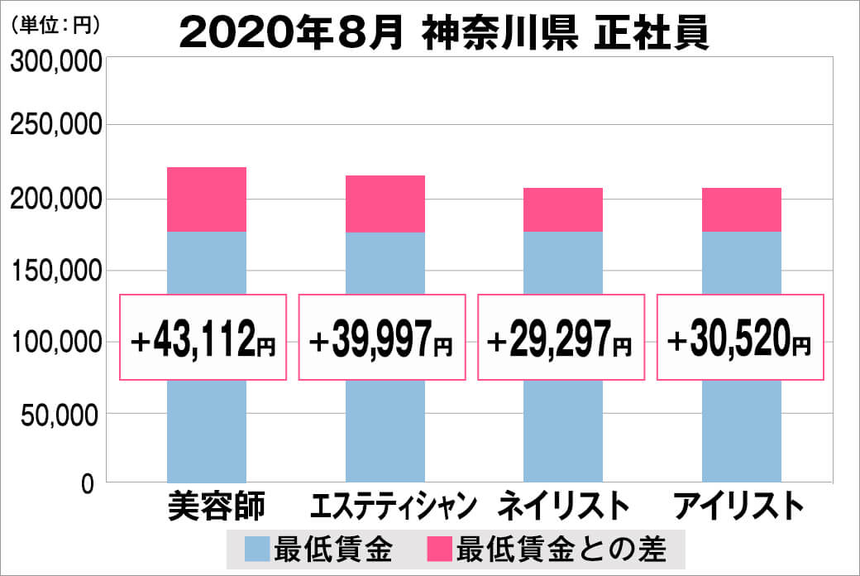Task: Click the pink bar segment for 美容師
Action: click(207, 199)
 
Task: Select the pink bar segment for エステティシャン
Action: click(385, 204)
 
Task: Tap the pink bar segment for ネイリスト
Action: click(563, 209)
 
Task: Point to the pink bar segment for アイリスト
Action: click(742, 209)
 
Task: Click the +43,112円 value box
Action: click(203, 338)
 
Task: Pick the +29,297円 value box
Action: click(561, 338)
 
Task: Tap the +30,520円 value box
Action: click(740, 338)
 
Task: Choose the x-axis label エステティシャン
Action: click(385, 506)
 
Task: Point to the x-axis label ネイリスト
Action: click(563, 506)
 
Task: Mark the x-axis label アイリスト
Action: click(739, 506)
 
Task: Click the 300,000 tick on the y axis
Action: click(55, 63)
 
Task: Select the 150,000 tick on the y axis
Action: click(55, 271)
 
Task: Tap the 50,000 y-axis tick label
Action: click(61, 413)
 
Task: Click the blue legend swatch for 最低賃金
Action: click(258, 548)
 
